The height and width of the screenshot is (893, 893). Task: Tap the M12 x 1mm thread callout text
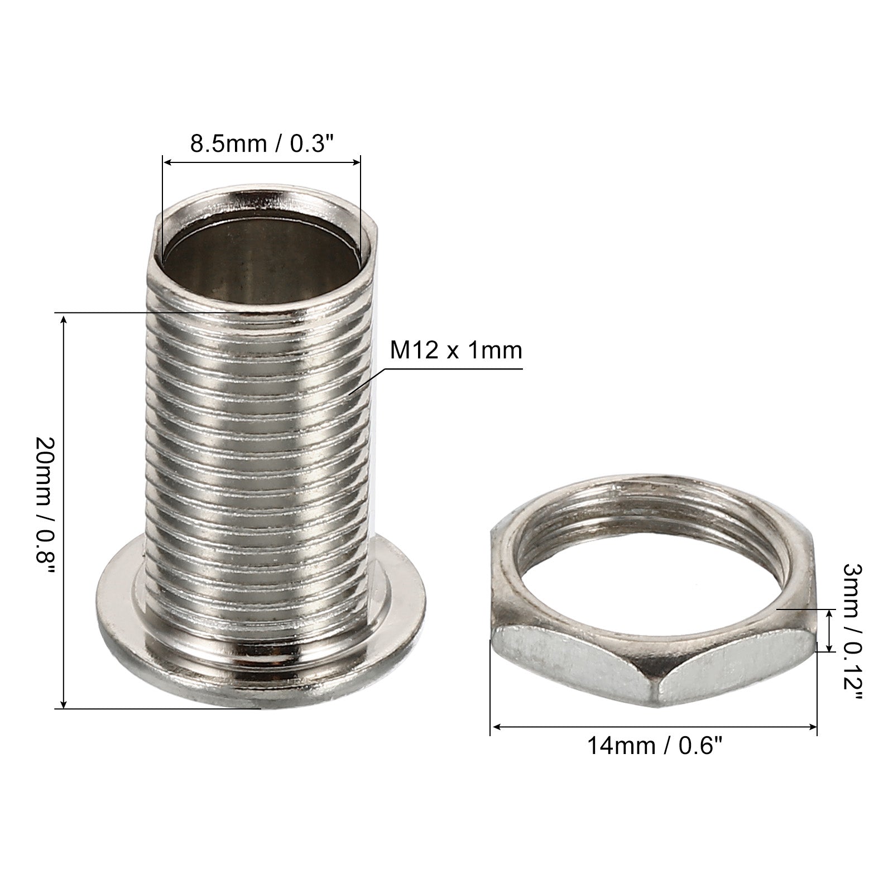tap(455, 351)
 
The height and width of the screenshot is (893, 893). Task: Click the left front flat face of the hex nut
tap(569, 664)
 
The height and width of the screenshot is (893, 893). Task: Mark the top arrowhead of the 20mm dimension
tap(64, 319)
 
